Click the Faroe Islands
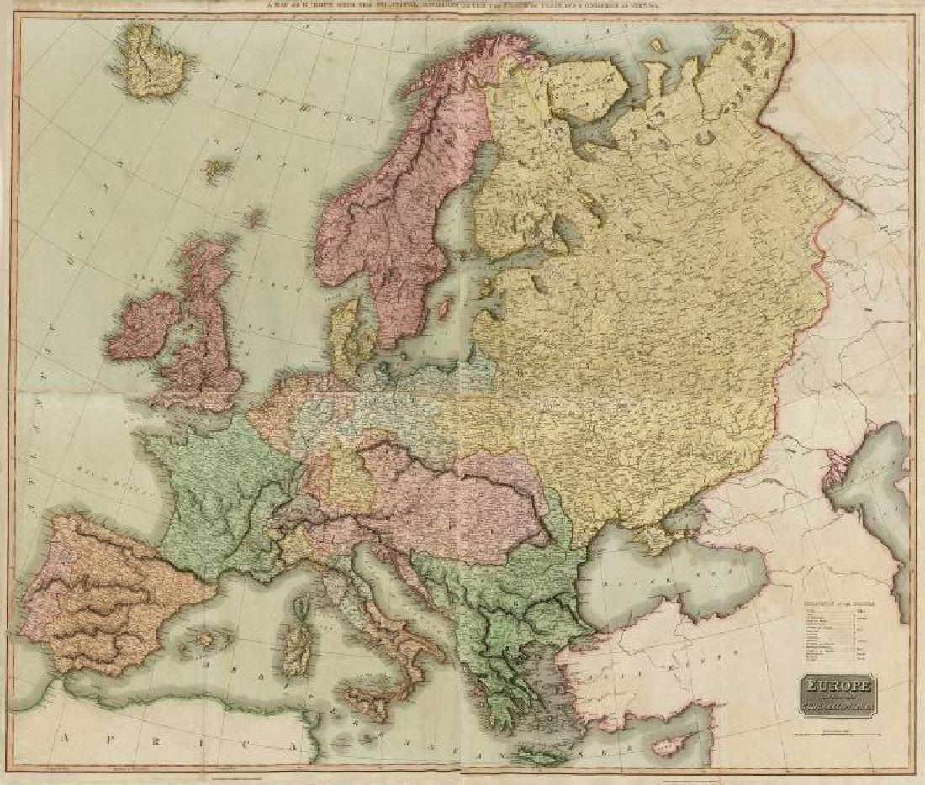pos(218,170)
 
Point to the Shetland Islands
pos(253,219)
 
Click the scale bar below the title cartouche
pos(832,730)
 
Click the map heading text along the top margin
pos(462,8)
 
